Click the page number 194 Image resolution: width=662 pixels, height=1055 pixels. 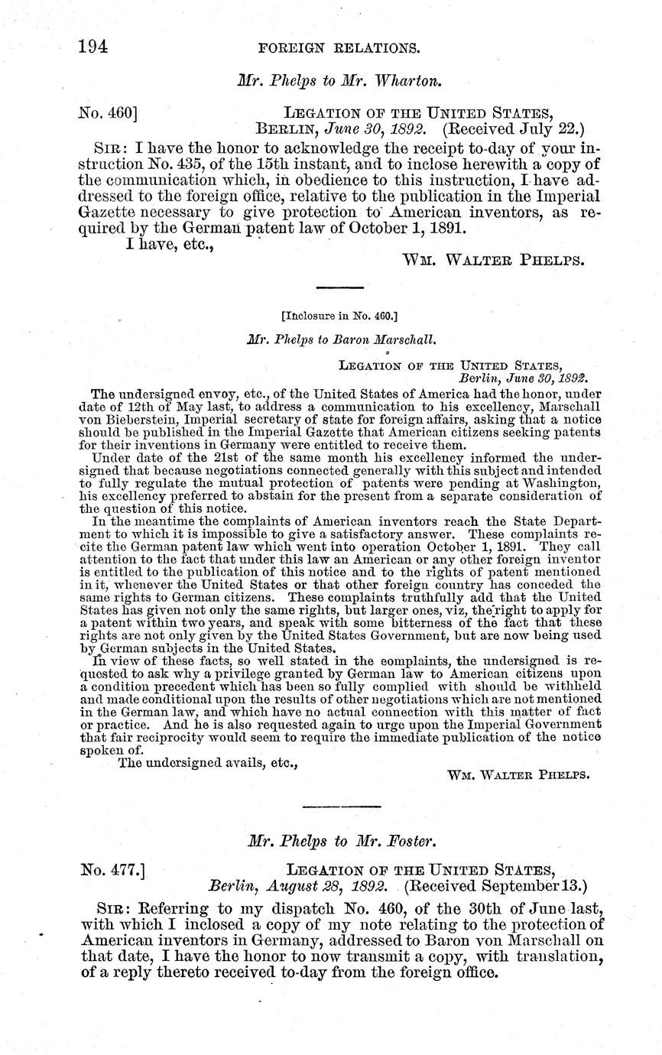(x=92, y=47)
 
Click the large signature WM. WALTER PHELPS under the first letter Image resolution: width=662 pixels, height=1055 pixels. (x=494, y=259)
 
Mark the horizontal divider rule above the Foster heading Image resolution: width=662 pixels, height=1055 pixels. (x=342, y=807)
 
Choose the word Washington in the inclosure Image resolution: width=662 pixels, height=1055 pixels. (x=563, y=482)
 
